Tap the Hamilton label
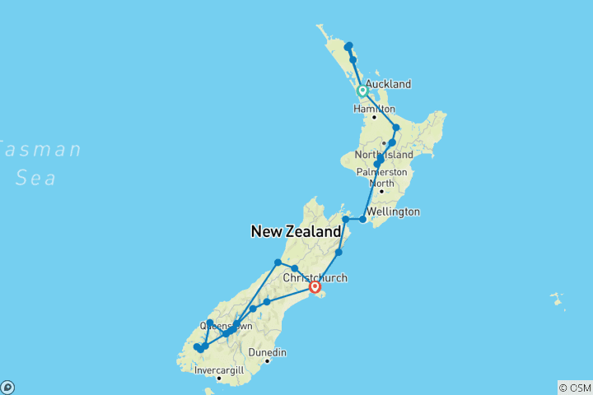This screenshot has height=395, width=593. point(375,109)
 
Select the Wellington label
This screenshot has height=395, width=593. point(395,211)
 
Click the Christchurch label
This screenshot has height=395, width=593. point(315,278)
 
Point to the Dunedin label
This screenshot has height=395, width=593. point(268,352)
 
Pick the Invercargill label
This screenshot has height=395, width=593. point(219,370)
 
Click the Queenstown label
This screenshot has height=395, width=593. point(226,326)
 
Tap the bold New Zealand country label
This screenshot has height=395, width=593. point(296,233)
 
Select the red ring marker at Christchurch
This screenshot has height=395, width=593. point(315,287)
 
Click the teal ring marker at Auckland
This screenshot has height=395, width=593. point(362,91)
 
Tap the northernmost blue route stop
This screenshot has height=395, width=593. point(349,45)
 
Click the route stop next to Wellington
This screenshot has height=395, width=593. point(363,219)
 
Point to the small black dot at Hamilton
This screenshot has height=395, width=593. point(375,118)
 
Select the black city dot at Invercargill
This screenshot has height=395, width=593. point(218,379)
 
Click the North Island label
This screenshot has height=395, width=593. point(381,156)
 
